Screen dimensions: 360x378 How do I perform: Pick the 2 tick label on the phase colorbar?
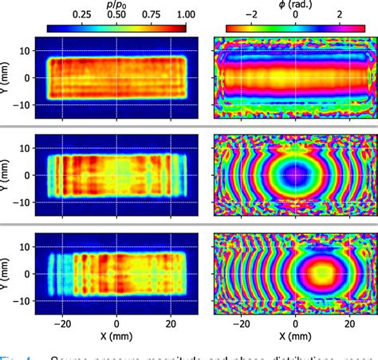[x=340, y=14]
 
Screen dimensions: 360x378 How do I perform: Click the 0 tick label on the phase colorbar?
[x=296, y=14]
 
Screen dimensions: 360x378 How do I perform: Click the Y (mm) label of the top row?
[x=6, y=78]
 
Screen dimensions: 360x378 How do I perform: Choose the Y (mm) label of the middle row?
[x=6, y=175]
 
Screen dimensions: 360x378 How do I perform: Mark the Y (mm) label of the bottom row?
[x=6, y=274]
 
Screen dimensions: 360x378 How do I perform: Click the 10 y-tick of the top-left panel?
[x=26, y=50]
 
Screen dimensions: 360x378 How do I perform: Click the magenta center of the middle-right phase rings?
[x=296, y=174]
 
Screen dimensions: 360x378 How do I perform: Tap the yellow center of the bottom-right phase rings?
[x=323, y=274]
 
